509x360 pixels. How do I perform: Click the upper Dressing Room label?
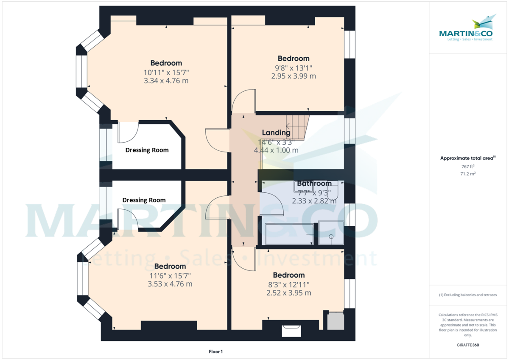pyautogui.click(x=147, y=150)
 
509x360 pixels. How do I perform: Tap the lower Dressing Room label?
pyautogui.click(x=144, y=200)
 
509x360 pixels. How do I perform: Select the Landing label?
pyautogui.click(x=276, y=132)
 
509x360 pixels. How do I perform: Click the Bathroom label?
pyautogui.click(x=314, y=183)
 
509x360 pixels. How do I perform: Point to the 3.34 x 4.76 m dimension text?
pyautogui.click(x=166, y=81)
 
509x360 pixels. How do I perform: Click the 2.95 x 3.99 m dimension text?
pyautogui.click(x=294, y=76)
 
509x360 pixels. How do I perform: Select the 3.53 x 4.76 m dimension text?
pyautogui.click(x=170, y=284)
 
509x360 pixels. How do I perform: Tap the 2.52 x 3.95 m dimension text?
pyautogui.click(x=289, y=293)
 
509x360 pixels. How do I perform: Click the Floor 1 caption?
pyautogui.click(x=215, y=352)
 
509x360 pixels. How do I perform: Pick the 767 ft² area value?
pyautogui.click(x=467, y=166)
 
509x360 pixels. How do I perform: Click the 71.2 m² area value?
pyautogui.click(x=468, y=174)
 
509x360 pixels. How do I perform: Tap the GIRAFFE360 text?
pyautogui.click(x=468, y=345)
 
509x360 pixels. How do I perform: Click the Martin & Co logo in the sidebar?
pyautogui.click(x=466, y=28)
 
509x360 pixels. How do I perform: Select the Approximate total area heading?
pyautogui.click(x=468, y=158)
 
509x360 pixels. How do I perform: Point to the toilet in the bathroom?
pyautogui.click(x=333, y=190)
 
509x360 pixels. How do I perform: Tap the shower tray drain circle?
pyautogui.click(x=331, y=236)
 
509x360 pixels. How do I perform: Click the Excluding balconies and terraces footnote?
pyautogui.click(x=468, y=295)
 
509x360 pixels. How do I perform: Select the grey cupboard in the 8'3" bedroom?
pyautogui.click(x=336, y=321)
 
